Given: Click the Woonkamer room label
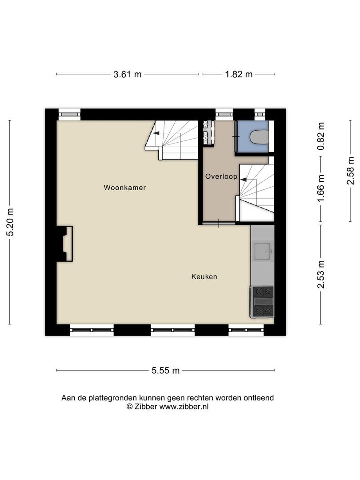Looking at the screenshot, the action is point(124,188).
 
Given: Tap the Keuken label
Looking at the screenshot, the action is point(204,276).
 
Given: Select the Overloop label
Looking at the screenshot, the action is point(221,176).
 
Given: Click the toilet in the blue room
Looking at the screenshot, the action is point(259,137).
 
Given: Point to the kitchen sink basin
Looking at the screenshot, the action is point(262,251).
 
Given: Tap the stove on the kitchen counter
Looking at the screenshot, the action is point(262,302).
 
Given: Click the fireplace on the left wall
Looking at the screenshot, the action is point(64,244).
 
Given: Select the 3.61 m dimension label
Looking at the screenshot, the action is point(128,74).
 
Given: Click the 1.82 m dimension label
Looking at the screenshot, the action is point(239,74).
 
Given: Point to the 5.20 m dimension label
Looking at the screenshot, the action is point(10,222).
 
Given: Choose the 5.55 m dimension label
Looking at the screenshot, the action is point(166,370).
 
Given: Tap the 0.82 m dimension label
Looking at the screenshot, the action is point(321,136).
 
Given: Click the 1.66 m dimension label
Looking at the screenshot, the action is point(321,188).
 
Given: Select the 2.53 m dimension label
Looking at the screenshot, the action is point(321,275).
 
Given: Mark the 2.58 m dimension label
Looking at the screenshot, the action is point(351,171).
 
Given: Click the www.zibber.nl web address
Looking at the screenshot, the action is point(184,407).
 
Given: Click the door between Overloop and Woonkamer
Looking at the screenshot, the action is point(219,223).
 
